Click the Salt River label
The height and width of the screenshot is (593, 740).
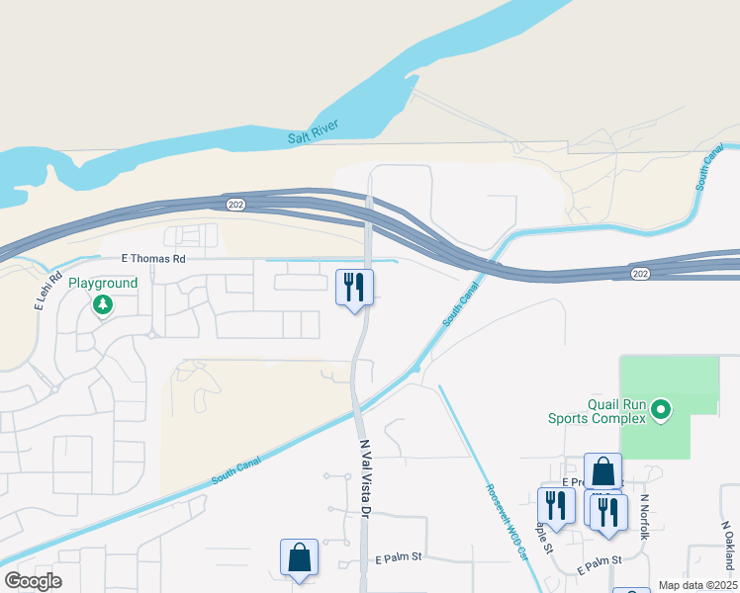(x=314, y=131)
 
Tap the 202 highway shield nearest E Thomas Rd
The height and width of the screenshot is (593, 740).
(x=235, y=204)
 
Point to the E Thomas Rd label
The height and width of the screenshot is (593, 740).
(x=153, y=258)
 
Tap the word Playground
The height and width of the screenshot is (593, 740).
(x=103, y=283)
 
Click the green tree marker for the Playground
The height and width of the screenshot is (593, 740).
(x=103, y=304)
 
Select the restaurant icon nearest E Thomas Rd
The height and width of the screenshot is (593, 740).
(x=354, y=288)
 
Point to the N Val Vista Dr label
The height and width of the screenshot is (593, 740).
(x=364, y=479)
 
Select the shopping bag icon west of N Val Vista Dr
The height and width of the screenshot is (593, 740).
(x=299, y=557)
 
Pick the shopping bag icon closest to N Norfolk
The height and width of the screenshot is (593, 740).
(x=602, y=471)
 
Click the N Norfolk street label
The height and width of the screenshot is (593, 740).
(x=644, y=516)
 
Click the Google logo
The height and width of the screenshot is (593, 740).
(x=33, y=580)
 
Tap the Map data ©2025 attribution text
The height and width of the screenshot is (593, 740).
(x=696, y=585)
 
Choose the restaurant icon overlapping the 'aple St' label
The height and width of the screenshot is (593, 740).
(x=556, y=505)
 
